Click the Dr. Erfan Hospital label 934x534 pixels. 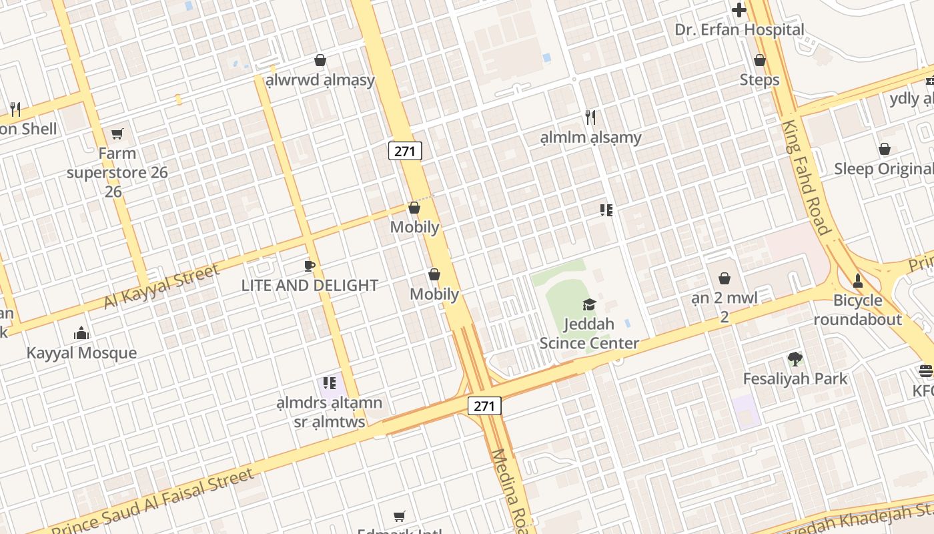pyautogui.click(x=739, y=30)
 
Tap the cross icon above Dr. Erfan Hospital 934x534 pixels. pyautogui.click(x=739, y=10)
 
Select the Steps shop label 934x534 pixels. pyautogui.click(x=759, y=80)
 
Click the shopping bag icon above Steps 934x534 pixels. pyautogui.click(x=759, y=60)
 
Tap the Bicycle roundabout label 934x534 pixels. pyautogui.click(x=857, y=310)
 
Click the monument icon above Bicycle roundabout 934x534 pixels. pyautogui.click(x=858, y=280)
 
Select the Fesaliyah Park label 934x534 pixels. pyautogui.click(x=795, y=379)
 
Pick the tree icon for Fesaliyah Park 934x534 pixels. pyautogui.click(x=795, y=359)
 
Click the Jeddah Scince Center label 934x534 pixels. pyautogui.click(x=589, y=334)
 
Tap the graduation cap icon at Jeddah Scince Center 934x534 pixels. pyautogui.click(x=589, y=305)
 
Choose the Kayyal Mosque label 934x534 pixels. pyautogui.click(x=81, y=353)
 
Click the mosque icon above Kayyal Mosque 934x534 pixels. pyautogui.click(x=81, y=332)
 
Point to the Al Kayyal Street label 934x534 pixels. pyautogui.click(x=162, y=286)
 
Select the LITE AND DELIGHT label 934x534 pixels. pyautogui.click(x=310, y=286)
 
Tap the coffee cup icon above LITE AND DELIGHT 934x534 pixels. pyautogui.click(x=310, y=266)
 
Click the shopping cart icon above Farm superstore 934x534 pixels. pyautogui.click(x=117, y=134)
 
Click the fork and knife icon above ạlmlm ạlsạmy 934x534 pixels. pyautogui.click(x=590, y=117)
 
